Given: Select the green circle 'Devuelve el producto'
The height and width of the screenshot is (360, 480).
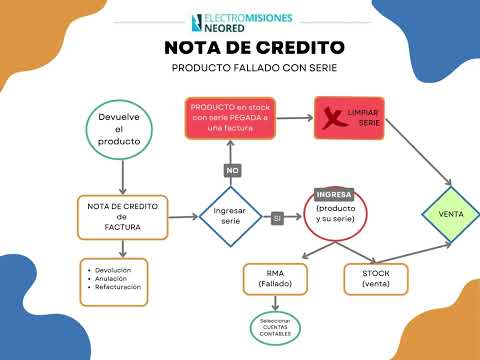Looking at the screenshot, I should (x=119, y=129).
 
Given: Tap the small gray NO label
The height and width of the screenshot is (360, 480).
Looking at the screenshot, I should (x=233, y=170).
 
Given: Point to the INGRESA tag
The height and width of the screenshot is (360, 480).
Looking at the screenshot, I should (x=333, y=193).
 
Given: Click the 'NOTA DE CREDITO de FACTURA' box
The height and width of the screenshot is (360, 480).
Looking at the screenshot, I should (x=121, y=216).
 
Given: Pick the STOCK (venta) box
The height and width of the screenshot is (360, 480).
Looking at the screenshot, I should (x=376, y=279).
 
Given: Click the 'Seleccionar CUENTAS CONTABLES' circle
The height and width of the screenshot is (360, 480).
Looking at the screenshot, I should (x=275, y=328).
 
